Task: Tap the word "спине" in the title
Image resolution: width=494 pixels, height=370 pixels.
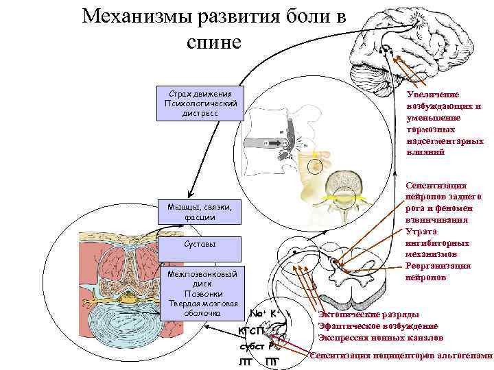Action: coord(214,42)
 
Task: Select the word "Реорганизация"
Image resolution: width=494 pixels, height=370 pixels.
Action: coord(438,267)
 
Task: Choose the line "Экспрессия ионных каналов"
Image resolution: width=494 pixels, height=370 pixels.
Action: coord(381,337)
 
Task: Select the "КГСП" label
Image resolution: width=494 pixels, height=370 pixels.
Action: coord(252,332)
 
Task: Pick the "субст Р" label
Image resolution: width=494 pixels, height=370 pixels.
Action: coord(258,347)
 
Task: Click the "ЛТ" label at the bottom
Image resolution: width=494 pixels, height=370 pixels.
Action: coord(245,361)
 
